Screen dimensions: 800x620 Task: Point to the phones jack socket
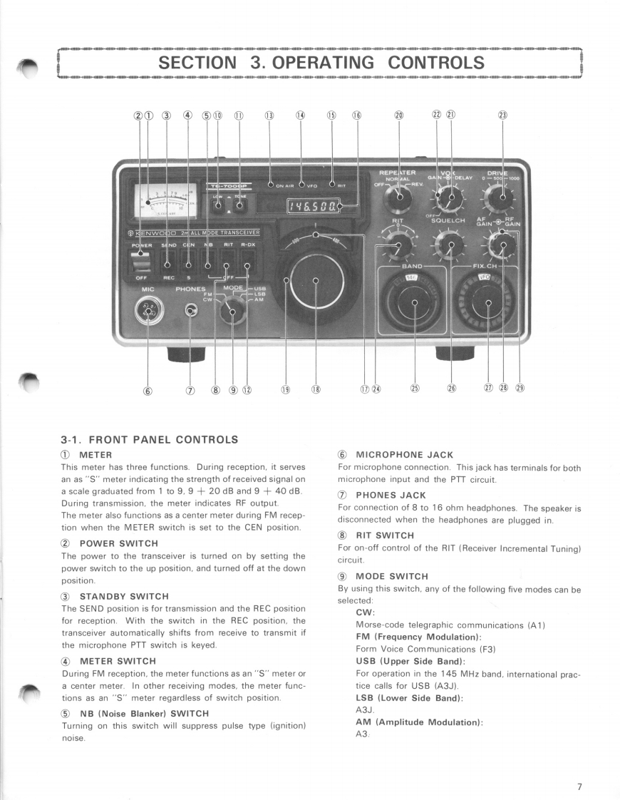[191, 310]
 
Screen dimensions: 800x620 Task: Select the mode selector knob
[232, 311]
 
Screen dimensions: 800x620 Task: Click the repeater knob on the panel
[399, 196]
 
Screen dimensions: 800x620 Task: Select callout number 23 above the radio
[502, 116]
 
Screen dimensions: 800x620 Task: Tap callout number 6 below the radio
[148, 390]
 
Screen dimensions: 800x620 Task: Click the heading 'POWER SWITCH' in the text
[118, 543]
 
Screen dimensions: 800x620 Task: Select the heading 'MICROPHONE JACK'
[404, 455]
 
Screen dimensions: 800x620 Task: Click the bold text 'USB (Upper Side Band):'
[401, 662]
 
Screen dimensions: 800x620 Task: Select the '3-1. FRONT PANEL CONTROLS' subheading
[150, 439]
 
